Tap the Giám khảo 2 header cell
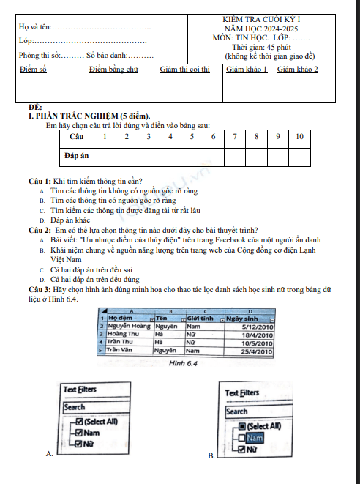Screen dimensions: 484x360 coord(298,70)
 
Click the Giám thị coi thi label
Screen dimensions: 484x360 coord(184,70)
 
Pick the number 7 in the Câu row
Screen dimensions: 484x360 coord(235,137)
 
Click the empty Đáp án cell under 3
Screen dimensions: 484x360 coord(149,156)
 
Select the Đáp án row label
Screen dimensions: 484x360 coord(77,156)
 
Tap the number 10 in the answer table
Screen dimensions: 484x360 coord(299,137)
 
